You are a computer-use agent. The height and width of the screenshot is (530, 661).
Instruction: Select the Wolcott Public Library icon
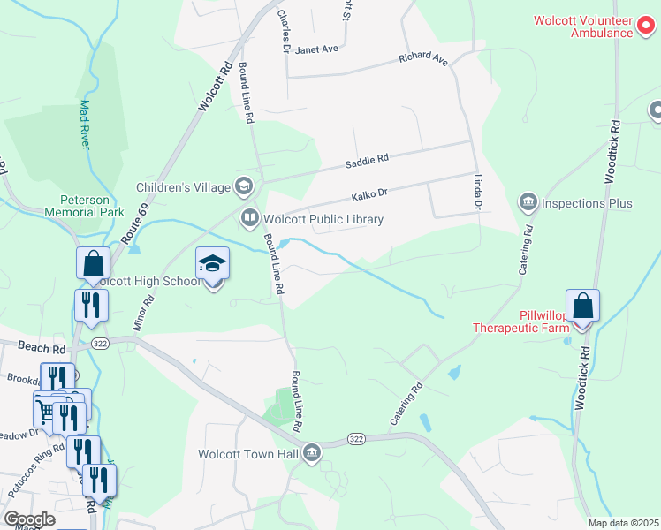[x=249, y=217]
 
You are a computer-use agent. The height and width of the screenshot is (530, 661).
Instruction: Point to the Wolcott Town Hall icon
[x=311, y=454]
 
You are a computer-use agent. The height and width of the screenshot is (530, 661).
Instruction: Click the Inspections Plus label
[x=587, y=203]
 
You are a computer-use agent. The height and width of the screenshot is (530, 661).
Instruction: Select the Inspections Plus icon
[x=528, y=203]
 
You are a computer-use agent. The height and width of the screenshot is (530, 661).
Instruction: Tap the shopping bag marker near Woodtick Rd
[x=582, y=307]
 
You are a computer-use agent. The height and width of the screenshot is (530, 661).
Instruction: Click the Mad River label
[x=86, y=124]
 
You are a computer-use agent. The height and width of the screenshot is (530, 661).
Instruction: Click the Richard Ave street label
[x=423, y=58]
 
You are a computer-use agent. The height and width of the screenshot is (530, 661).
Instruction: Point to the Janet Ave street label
[x=317, y=49]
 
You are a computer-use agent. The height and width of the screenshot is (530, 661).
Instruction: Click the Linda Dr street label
[x=478, y=191]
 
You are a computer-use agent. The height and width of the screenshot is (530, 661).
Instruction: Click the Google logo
[x=29, y=519]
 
